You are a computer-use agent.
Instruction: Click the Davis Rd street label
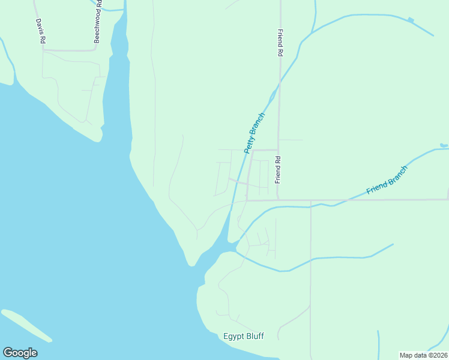click(41, 31)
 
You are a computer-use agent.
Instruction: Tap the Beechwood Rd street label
click(97, 25)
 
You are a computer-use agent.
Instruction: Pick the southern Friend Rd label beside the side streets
click(278, 170)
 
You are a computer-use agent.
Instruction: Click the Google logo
click(20, 353)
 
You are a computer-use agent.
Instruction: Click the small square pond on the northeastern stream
click(411, 20)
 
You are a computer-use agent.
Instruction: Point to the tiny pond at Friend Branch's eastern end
click(444, 145)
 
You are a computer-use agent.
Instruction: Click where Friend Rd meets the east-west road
click(277, 200)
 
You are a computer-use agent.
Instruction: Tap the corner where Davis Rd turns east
click(43, 50)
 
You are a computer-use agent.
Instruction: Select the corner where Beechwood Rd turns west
click(95, 50)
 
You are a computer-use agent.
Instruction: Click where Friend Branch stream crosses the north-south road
click(310, 208)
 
